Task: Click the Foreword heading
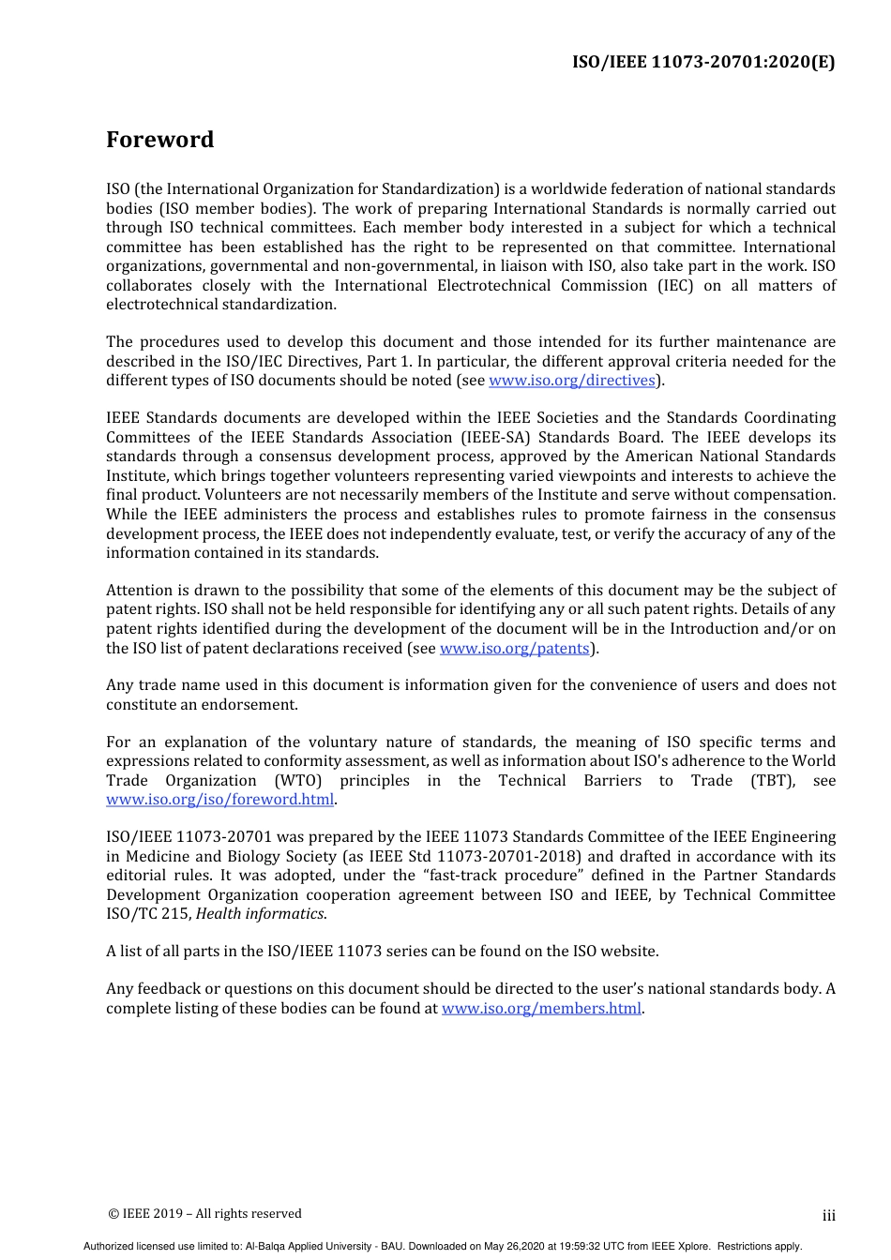click(x=159, y=140)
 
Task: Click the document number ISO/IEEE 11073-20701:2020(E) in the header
click(x=703, y=62)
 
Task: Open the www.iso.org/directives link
click(x=571, y=381)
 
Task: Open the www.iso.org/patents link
click(x=514, y=648)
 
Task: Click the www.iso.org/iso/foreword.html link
click(x=219, y=800)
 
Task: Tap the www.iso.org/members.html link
click(x=541, y=1009)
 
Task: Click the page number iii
click(x=828, y=1216)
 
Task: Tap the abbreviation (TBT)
click(x=772, y=781)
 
